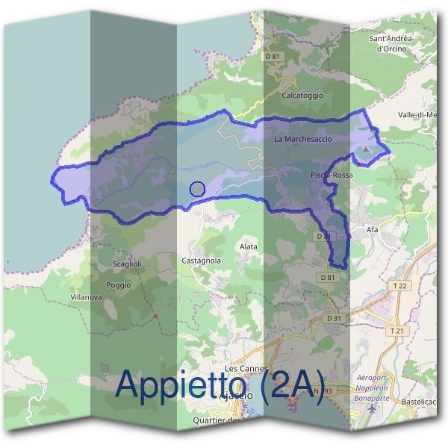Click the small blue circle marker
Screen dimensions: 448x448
coord(197,189)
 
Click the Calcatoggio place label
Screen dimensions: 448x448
coord(302,96)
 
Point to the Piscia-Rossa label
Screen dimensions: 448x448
coord(332,175)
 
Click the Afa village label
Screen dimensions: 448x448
coord(373,229)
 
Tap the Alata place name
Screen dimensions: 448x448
coord(248,246)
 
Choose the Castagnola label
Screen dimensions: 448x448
coord(201,261)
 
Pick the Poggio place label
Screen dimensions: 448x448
coord(119,285)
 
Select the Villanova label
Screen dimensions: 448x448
coord(86,297)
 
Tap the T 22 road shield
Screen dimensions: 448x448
coord(401,286)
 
